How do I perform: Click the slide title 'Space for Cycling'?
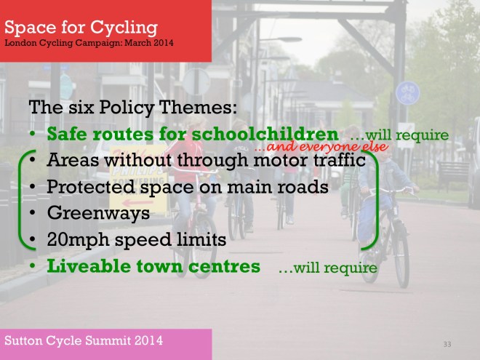point(81,27)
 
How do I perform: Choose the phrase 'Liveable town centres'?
point(153,266)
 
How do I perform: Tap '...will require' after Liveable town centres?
point(327,268)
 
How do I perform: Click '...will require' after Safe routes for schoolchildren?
point(399,135)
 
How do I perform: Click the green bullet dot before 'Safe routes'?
point(33,135)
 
